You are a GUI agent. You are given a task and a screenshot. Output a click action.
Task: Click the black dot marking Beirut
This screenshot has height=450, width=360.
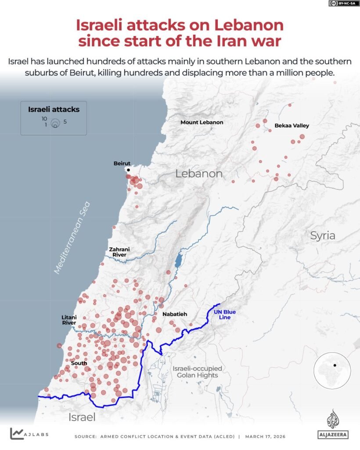(x=128, y=170)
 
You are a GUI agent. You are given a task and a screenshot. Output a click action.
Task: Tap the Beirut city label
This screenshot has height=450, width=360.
(x=122, y=163)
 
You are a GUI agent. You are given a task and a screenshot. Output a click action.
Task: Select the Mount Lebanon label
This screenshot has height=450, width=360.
(x=202, y=122)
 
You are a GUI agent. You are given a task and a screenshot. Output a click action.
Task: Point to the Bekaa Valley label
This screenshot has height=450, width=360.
(x=292, y=125)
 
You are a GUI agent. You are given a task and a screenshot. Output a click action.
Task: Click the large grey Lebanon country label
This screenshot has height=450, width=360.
(x=199, y=174)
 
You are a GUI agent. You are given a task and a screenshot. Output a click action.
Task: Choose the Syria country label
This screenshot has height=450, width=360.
(x=323, y=235)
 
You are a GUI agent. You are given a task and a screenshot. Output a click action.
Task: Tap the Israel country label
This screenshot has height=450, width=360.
(x=82, y=417)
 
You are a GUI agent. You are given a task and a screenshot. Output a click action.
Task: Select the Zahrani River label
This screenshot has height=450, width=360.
(x=119, y=252)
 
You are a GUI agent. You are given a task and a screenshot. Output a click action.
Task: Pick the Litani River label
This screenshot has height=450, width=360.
(x=69, y=320)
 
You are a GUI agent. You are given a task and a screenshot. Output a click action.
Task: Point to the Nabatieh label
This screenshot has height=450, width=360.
(x=175, y=314)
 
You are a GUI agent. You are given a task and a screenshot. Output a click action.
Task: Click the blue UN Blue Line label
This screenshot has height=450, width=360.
(x=225, y=315)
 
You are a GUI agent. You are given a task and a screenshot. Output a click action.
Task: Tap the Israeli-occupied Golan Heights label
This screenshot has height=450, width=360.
(x=197, y=372)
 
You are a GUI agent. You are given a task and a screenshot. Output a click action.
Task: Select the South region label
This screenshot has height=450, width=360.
(x=79, y=363)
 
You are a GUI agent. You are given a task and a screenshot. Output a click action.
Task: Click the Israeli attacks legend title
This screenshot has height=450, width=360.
(x=50, y=109)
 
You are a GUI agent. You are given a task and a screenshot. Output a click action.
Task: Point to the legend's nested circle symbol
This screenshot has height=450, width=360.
(x=55, y=123)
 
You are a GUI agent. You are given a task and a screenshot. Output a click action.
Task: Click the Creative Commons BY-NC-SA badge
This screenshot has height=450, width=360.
(x=342, y=4)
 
